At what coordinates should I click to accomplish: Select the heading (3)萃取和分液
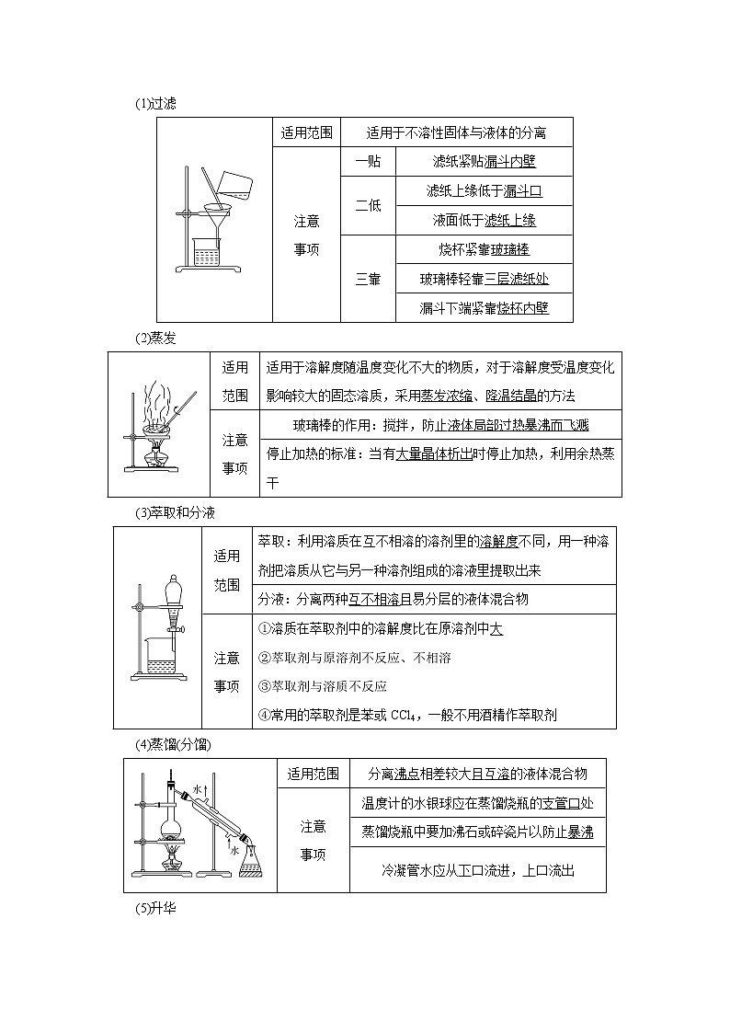click(x=175, y=512)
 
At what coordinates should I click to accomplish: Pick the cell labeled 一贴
click(x=368, y=161)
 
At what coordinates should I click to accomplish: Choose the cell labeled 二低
click(x=368, y=205)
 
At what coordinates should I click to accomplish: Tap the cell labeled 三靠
click(x=368, y=279)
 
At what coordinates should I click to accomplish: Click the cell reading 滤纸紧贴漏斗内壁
click(x=484, y=161)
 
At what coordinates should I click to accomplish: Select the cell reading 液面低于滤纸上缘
click(x=484, y=220)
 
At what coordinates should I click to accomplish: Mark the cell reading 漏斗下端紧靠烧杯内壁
click(x=484, y=308)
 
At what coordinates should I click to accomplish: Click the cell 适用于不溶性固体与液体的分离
click(x=456, y=132)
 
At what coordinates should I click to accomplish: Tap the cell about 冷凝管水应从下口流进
click(x=477, y=870)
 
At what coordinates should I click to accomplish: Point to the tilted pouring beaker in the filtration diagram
click(x=240, y=185)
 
